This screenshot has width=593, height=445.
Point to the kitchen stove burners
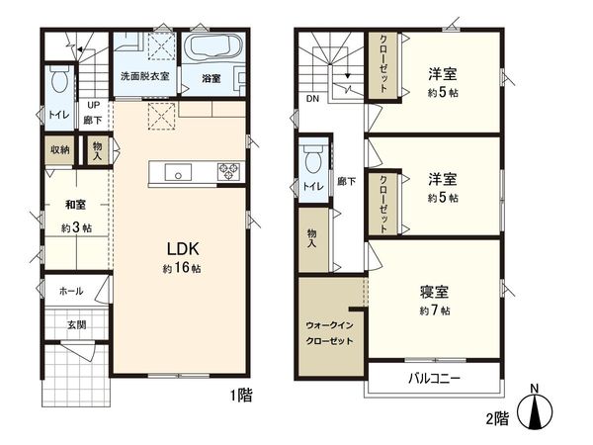(229, 171)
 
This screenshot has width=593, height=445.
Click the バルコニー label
(431, 379)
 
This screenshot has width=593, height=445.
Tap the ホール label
(70, 292)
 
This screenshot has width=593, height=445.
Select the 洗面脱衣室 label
(145, 76)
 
